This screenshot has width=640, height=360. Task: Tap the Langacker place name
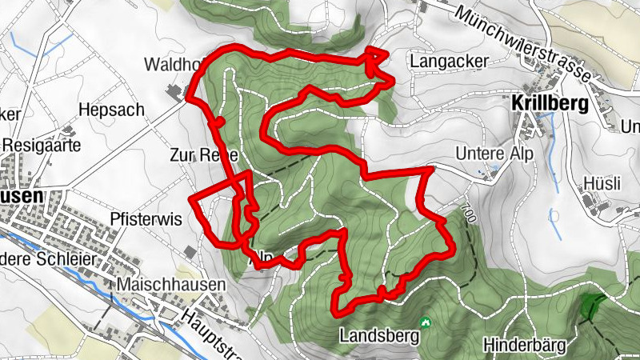click(x=442, y=61)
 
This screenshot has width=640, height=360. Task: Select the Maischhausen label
click(x=171, y=285)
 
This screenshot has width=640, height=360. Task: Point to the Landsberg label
click(x=379, y=335)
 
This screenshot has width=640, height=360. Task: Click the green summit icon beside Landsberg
click(x=426, y=323)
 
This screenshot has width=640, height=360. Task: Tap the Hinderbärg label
click(x=525, y=346)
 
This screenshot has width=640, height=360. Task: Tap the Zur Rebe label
click(x=197, y=154)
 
